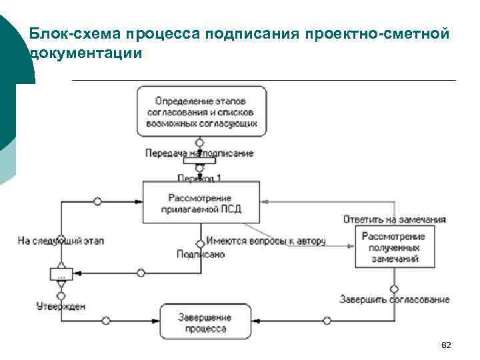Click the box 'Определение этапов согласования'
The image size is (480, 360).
(x=202, y=111)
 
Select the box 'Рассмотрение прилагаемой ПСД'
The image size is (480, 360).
(x=200, y=203)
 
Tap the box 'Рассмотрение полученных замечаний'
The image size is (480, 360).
(x=395, y=247)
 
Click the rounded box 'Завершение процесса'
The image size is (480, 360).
(x=205, y=323)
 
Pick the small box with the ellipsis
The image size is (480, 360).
(x=61, y=274)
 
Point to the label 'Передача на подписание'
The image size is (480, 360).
(x=199, y=153)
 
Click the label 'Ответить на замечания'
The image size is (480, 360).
(x=395, y=219)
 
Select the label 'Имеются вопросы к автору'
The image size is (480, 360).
(x=265, y=241)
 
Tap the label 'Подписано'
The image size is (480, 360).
(x=201, y=253)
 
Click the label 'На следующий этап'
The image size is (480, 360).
(x=61, y=239)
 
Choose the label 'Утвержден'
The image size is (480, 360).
(x=61, y=306)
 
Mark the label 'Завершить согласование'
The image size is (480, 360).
(x=394, y=299)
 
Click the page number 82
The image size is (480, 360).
(x=447, y=345)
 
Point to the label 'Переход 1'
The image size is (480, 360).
(x=199, y=177)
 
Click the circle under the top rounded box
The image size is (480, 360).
(x=199, y=142)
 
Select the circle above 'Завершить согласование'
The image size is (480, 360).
(x=394, y=289)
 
